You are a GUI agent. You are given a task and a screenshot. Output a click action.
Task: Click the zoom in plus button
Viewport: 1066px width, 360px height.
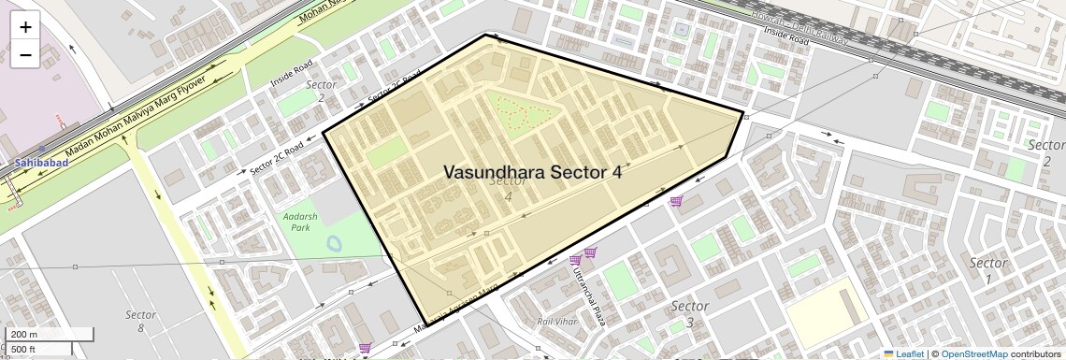pyautogui.click(x=25, y=27)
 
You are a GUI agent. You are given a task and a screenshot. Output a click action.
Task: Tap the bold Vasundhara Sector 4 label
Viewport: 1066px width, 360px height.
pyautogui.click(x=532, y=172)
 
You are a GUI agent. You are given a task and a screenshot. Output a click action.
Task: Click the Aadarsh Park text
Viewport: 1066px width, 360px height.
pyautogui.click(x=295, y=221)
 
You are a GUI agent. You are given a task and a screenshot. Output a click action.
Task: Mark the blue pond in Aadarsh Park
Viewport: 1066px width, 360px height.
pyautogui.click(x=334, y=244)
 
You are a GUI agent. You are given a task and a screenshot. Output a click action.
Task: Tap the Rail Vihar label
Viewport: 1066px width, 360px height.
pyautogui.click(x=555, y=322)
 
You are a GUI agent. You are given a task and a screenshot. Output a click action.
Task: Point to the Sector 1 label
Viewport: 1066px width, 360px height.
pyautogui.click(x=988, y=270)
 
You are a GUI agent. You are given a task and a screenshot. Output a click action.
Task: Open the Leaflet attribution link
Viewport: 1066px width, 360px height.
pyautogui.click(x=903, y=353)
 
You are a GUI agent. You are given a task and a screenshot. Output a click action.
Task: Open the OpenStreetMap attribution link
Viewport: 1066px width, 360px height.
pyautogui.click(x=973, y=353)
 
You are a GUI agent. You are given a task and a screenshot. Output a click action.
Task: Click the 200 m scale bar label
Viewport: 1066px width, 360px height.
pyautogui.click(x=25, y=335)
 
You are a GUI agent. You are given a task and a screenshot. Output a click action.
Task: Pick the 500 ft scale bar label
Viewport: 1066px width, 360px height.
pyautogui.click(x=24, y=350)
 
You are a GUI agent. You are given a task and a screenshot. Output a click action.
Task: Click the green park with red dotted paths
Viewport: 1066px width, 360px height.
pyautogui.click(x=521, y=115)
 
